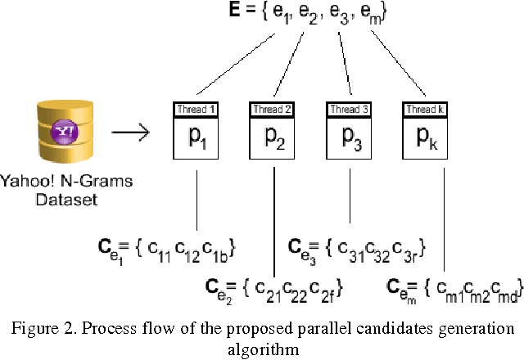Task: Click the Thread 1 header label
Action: pyautogui.click(x=196, y=109)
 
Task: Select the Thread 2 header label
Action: pyautogui.click(x=273, y=109)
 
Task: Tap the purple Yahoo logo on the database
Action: pyautogui.click(x=65, y=131)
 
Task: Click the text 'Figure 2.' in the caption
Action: pyautogui.click(x=41, y=328)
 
